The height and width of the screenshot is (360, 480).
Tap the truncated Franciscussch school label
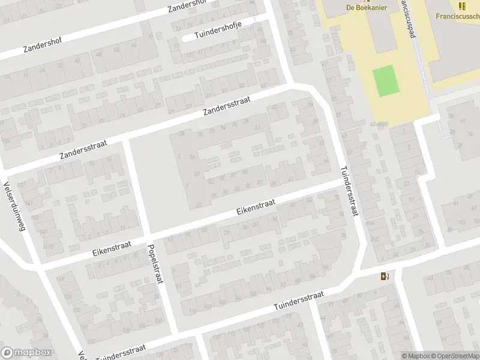tap(453, 17)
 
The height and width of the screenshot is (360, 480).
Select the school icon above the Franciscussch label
tap(461, 6)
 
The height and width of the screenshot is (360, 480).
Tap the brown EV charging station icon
tap(384, 277)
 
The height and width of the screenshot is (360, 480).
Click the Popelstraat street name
tap(154, 263)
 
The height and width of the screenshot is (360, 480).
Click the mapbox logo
tap(26, 353)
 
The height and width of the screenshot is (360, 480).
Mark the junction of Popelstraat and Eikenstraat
tap(147, 235)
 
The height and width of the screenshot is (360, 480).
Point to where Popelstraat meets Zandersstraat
tap(126, 140)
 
